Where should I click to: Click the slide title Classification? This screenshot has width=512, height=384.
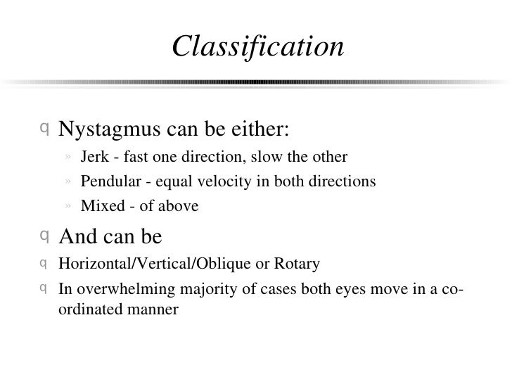tap(257, 47)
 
